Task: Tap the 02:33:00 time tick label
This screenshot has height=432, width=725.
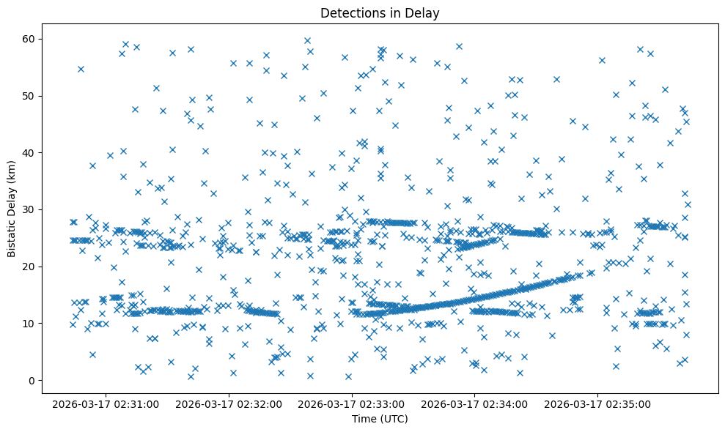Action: point(351,403)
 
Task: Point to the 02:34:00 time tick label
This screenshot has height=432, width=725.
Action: point(474,403)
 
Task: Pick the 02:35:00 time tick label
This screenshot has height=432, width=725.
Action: point(597,403)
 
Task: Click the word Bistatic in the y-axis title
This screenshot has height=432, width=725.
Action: point(12,233)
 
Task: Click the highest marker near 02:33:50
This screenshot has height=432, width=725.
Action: point(459,46)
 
